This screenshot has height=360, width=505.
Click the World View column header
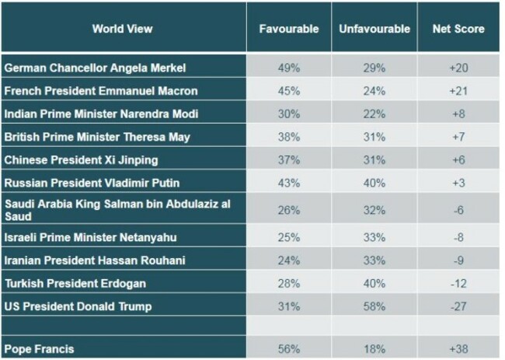click(122, 29)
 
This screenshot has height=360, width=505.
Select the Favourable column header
click(289, 29)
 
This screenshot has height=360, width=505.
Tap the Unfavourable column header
click(374, 29)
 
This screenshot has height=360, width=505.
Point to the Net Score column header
click(458, 29)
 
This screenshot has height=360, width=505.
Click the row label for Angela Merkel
click(96, 68)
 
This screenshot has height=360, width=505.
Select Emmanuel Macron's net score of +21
click(458, 91)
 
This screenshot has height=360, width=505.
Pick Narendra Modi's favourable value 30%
click(289, 114)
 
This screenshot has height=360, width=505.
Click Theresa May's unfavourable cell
click(374, 137)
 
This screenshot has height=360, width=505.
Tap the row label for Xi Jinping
click(82, 160)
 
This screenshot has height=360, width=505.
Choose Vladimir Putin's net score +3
click(458, 183)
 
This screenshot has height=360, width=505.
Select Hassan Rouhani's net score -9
click(458, 260)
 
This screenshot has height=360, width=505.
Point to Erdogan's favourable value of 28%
click(289, 283)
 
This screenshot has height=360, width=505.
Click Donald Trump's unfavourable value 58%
click(374, 306)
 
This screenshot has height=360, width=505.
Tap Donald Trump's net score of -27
click(458, 306)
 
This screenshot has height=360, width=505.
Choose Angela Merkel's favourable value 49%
click(289, 68)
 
